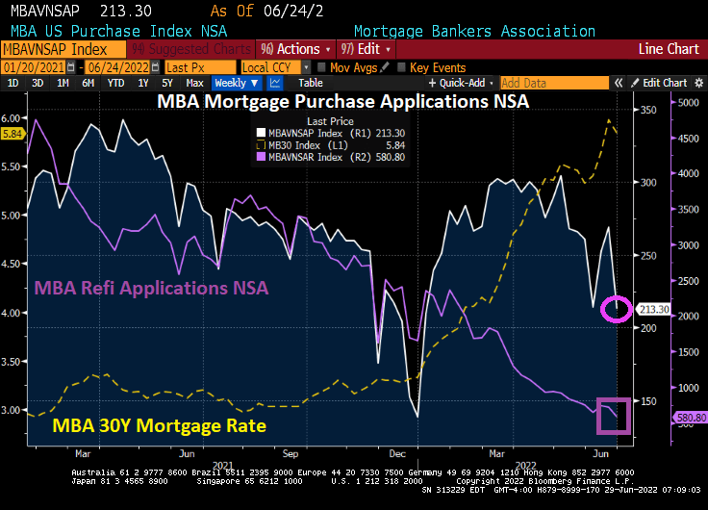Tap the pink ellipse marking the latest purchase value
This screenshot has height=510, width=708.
click(616, 309)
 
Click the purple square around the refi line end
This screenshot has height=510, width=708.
click(613, 415)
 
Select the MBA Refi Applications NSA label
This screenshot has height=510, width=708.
click(151, 287)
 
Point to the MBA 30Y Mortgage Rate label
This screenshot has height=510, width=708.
click(159, 424)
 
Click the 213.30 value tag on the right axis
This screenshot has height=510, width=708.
click(656, 310)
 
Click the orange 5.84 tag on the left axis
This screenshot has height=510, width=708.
click(13, 134)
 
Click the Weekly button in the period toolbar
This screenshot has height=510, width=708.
click(235, 83)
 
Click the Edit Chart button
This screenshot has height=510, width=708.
click(664, 83)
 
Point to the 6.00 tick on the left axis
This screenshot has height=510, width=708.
click(13, 117)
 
